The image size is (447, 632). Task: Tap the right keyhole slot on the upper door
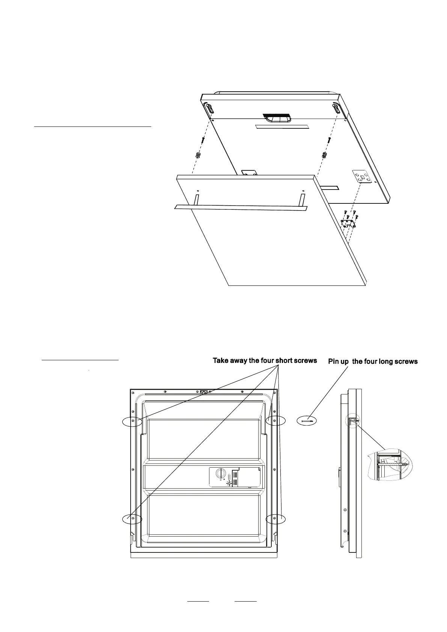pos(336,109)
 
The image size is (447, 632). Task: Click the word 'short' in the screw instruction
pos(284,361)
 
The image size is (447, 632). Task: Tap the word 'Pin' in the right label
pos(334,361)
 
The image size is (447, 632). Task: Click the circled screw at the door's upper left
pos(133,421)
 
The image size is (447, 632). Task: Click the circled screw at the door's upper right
pos(275,421)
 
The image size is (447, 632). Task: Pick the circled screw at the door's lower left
pos(133,519)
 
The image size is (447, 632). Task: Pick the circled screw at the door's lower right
pos(275,519)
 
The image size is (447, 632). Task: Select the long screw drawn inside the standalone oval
pos(307,421)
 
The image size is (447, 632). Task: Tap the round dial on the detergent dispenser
pos(220,474)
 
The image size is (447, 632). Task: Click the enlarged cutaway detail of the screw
pos(390,464)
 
